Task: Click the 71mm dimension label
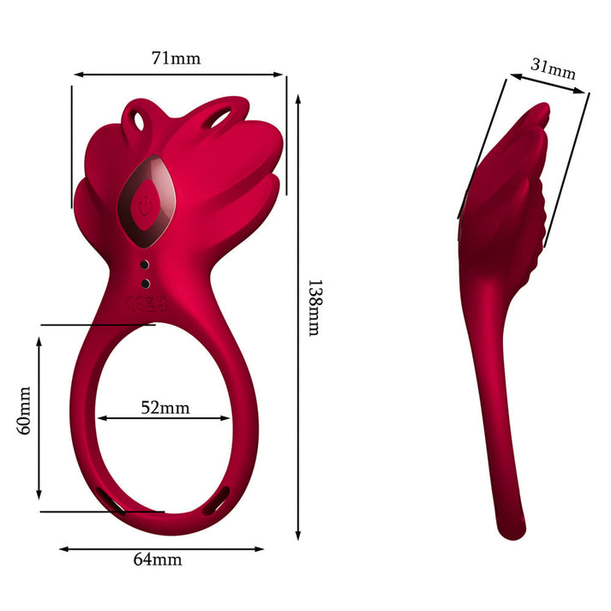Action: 177,58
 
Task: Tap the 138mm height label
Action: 314,308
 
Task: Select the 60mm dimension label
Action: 24,410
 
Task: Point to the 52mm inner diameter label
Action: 165,408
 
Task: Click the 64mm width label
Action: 158,560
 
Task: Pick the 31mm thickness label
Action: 553,69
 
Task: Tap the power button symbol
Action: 145,206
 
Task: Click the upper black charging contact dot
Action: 145,265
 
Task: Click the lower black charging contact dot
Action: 146,284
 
